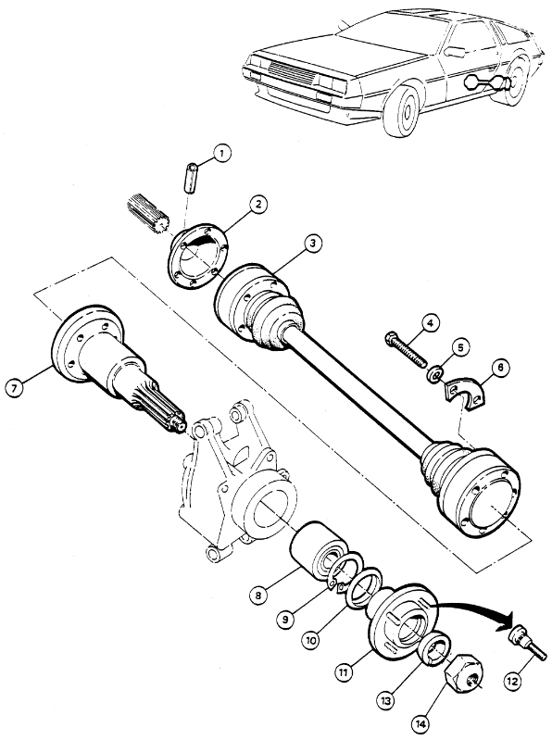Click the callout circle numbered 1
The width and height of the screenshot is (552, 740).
221,154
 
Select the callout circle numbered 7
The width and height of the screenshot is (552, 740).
14,389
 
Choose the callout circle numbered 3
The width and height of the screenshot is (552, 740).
313,244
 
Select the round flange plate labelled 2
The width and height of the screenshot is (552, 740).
197,257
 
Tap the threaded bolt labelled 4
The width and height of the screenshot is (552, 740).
406,349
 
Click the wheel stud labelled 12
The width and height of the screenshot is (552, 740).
526,645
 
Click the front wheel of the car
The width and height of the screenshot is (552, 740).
405,110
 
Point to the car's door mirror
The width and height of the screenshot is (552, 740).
455,51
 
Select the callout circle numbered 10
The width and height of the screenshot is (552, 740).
311,639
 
